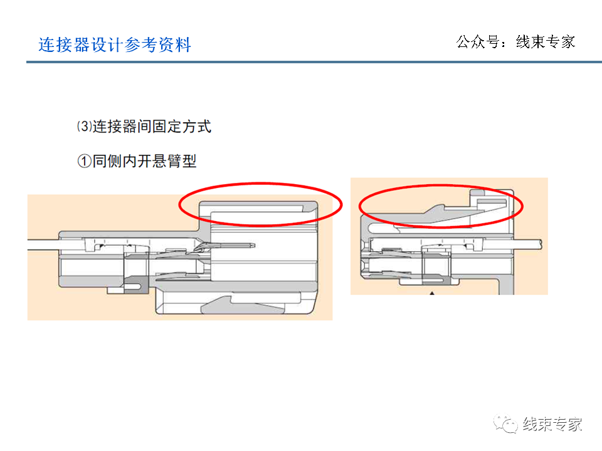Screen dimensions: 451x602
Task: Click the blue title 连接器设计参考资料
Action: [115, 45]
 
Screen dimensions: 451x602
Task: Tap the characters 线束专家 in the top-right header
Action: [545, 42]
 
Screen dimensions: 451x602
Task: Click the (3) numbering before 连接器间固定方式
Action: [84, 127]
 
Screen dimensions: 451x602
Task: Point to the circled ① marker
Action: [85, 162]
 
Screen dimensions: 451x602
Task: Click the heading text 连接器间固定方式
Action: [152, 127]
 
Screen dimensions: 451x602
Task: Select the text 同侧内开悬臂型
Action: [145, 162]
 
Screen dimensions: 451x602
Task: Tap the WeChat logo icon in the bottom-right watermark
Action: [505, 424]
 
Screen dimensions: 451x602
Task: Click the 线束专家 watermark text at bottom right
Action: [552, 424]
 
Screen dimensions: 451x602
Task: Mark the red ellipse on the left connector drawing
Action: [260, 204]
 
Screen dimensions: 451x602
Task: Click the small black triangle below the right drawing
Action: [431, 293]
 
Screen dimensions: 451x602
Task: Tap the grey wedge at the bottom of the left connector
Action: [216, 308]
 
